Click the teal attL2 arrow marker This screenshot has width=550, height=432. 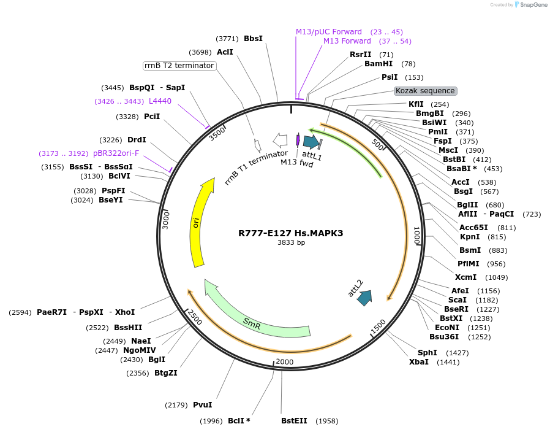point(364,298)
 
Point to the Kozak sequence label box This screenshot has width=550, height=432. point(425,91)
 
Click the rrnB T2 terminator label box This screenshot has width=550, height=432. point(179,66)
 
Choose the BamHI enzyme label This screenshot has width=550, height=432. point(379,64)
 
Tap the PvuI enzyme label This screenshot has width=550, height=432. point(202,405)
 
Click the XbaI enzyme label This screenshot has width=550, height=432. point(419,362)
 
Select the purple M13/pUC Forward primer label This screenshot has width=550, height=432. point(329,32)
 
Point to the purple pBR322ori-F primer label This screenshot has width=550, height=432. point(116,153)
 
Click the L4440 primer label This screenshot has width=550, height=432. point(160,101)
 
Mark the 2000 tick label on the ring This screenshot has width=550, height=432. point(285,362)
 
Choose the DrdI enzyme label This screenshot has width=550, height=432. point(137,140)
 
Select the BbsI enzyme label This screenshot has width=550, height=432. point(253,39)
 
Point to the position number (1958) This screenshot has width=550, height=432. point(326,421)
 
